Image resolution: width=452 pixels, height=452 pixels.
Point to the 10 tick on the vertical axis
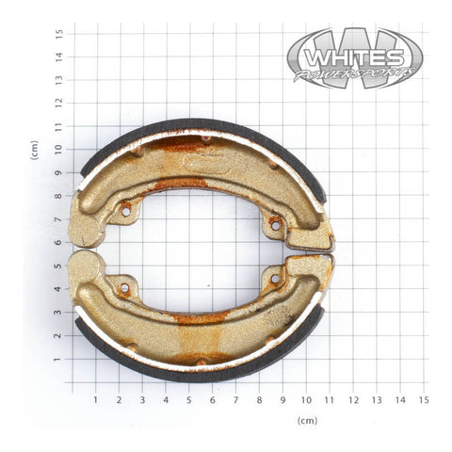click(58, 150)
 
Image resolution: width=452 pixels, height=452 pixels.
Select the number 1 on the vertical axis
click(58, 360)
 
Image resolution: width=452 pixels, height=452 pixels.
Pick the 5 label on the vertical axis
click(58, 266)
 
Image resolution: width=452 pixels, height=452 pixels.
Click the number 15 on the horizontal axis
click(424, 399)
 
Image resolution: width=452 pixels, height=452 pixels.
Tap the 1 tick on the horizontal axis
click(96, 399)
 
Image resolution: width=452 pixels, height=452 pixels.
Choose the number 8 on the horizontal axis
click(259, 399)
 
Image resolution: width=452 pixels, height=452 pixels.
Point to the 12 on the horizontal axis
click(353, 399)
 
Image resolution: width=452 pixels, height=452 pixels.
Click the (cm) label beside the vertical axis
click(35, 150)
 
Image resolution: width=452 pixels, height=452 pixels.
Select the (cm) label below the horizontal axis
click(307, 420)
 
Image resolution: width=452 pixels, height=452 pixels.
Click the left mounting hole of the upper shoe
click(125, 211)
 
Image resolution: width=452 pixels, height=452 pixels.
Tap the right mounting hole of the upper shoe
click(275, 225)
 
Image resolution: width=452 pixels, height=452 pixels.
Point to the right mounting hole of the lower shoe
click(275, 279)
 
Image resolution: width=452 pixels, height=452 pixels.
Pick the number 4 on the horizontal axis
click(166, 399)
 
